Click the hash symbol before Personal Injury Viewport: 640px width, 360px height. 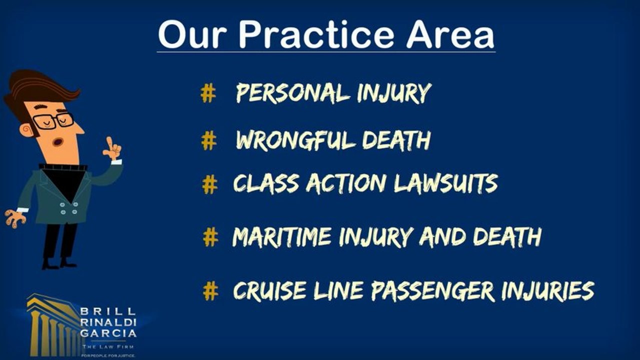coord(208,93)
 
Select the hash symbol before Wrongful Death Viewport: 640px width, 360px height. coord(209,141)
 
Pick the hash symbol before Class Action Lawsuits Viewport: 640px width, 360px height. coord(210,184)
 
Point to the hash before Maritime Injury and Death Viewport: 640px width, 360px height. coord(211,236)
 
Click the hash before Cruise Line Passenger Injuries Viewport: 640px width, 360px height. coord(211,290)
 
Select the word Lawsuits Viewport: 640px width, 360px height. coord(445,184)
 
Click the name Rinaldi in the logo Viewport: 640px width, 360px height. coord(108,323)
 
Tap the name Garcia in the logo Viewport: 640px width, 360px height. coord(108,332)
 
